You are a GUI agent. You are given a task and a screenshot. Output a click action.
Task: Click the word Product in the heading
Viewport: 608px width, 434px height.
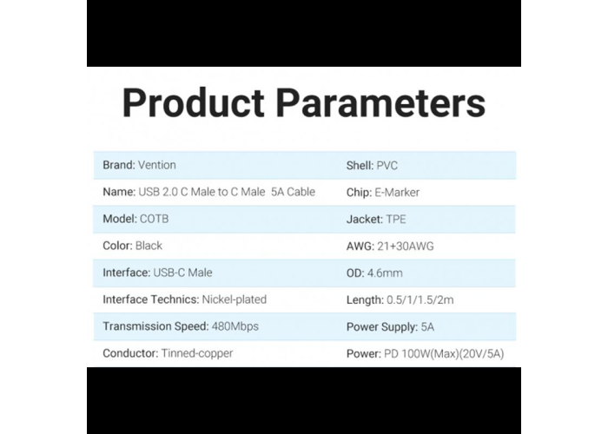pyautogui.click(x=193, y=102)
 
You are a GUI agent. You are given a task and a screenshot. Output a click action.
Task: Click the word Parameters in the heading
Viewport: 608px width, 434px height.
pyautogui.click(x=380, y=102)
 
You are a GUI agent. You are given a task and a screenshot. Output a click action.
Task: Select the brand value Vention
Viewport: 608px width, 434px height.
pyautogui.click(x=157, y=165)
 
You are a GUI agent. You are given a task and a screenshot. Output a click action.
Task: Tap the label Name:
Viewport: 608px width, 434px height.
pyautogui.click(x=119, y=192)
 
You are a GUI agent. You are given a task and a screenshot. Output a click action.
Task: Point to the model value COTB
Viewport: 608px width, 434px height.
pyautogui.click(x=154, y=219)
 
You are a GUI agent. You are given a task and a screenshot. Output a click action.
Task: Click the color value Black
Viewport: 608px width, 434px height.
pyautogui.click(x=149, y=246)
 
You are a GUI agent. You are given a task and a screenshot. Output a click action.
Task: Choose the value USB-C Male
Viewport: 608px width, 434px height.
pyautogui.click(x=182, y=273)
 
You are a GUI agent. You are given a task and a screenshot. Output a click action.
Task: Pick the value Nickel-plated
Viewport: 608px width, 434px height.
pyautogui.click(x=235, y=299)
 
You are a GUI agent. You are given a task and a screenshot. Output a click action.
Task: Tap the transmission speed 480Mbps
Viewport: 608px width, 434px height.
pyautogui.click(x=235, y=326)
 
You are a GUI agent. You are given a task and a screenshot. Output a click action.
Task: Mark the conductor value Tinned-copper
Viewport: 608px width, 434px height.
pyautogui.click(x=197, y=353)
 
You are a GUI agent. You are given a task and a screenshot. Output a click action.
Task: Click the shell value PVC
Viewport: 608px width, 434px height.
pyautogui.click(x=387, y=166)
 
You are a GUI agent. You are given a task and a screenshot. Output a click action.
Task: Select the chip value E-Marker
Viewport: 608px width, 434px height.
pyautogui.click(x=397, y=193)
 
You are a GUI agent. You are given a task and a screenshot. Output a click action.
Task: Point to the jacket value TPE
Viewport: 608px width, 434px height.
pyautogui.click(x=396, y=220)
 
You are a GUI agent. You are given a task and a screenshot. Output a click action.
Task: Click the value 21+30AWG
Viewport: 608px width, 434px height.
pyautogui.click(x=406, y=246)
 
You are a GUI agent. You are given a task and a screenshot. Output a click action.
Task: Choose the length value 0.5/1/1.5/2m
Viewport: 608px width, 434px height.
pyautogui.click(x=420, y=300)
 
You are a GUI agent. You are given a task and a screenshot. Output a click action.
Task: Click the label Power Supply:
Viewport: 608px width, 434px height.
pyautogui.click(x=382, y=327)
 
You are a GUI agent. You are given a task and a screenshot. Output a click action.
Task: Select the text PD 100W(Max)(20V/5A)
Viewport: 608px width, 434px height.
pyautogui.click(x=444, y=354)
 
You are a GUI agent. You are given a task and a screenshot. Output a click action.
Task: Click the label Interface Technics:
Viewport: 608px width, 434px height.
pyautogui.click(x=151, y=299)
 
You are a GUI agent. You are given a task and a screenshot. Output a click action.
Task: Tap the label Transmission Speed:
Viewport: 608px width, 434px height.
pyautogui.click(x=155, y=326)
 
